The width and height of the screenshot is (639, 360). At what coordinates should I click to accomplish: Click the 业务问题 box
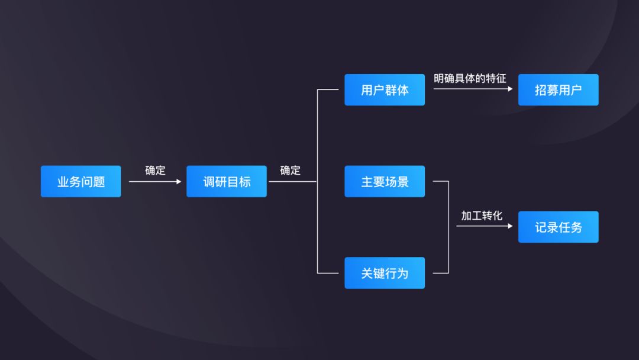[80, 181]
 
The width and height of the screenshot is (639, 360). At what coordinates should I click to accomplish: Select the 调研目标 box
[227, 181]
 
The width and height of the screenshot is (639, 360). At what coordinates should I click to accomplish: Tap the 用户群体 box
[385, 90]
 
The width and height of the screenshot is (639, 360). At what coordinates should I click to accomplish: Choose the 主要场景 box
[385, 181]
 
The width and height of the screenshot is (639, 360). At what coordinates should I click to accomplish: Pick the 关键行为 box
[385, 273]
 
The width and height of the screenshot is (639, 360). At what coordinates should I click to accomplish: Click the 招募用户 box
[558, 90]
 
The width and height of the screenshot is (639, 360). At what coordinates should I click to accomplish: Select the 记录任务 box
[558, 227]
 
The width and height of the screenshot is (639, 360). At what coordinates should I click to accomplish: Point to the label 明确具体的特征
[470, 78]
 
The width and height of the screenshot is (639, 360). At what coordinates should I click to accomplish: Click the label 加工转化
[482, 216]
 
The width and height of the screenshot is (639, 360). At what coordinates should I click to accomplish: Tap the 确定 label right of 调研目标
[290, 171]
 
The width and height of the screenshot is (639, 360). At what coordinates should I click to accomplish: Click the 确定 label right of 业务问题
[155, 171]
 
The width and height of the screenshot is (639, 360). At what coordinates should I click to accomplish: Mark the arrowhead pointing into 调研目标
[179, 182]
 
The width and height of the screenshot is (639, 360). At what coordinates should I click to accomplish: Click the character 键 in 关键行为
[379, 273]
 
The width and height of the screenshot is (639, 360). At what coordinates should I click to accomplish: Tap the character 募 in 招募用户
[552, 90]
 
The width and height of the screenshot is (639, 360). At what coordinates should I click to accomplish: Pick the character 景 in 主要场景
[402, 182]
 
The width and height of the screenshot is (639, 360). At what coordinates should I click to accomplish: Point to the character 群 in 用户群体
[390, 90]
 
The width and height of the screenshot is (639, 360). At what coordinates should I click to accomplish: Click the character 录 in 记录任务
[552, 227]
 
